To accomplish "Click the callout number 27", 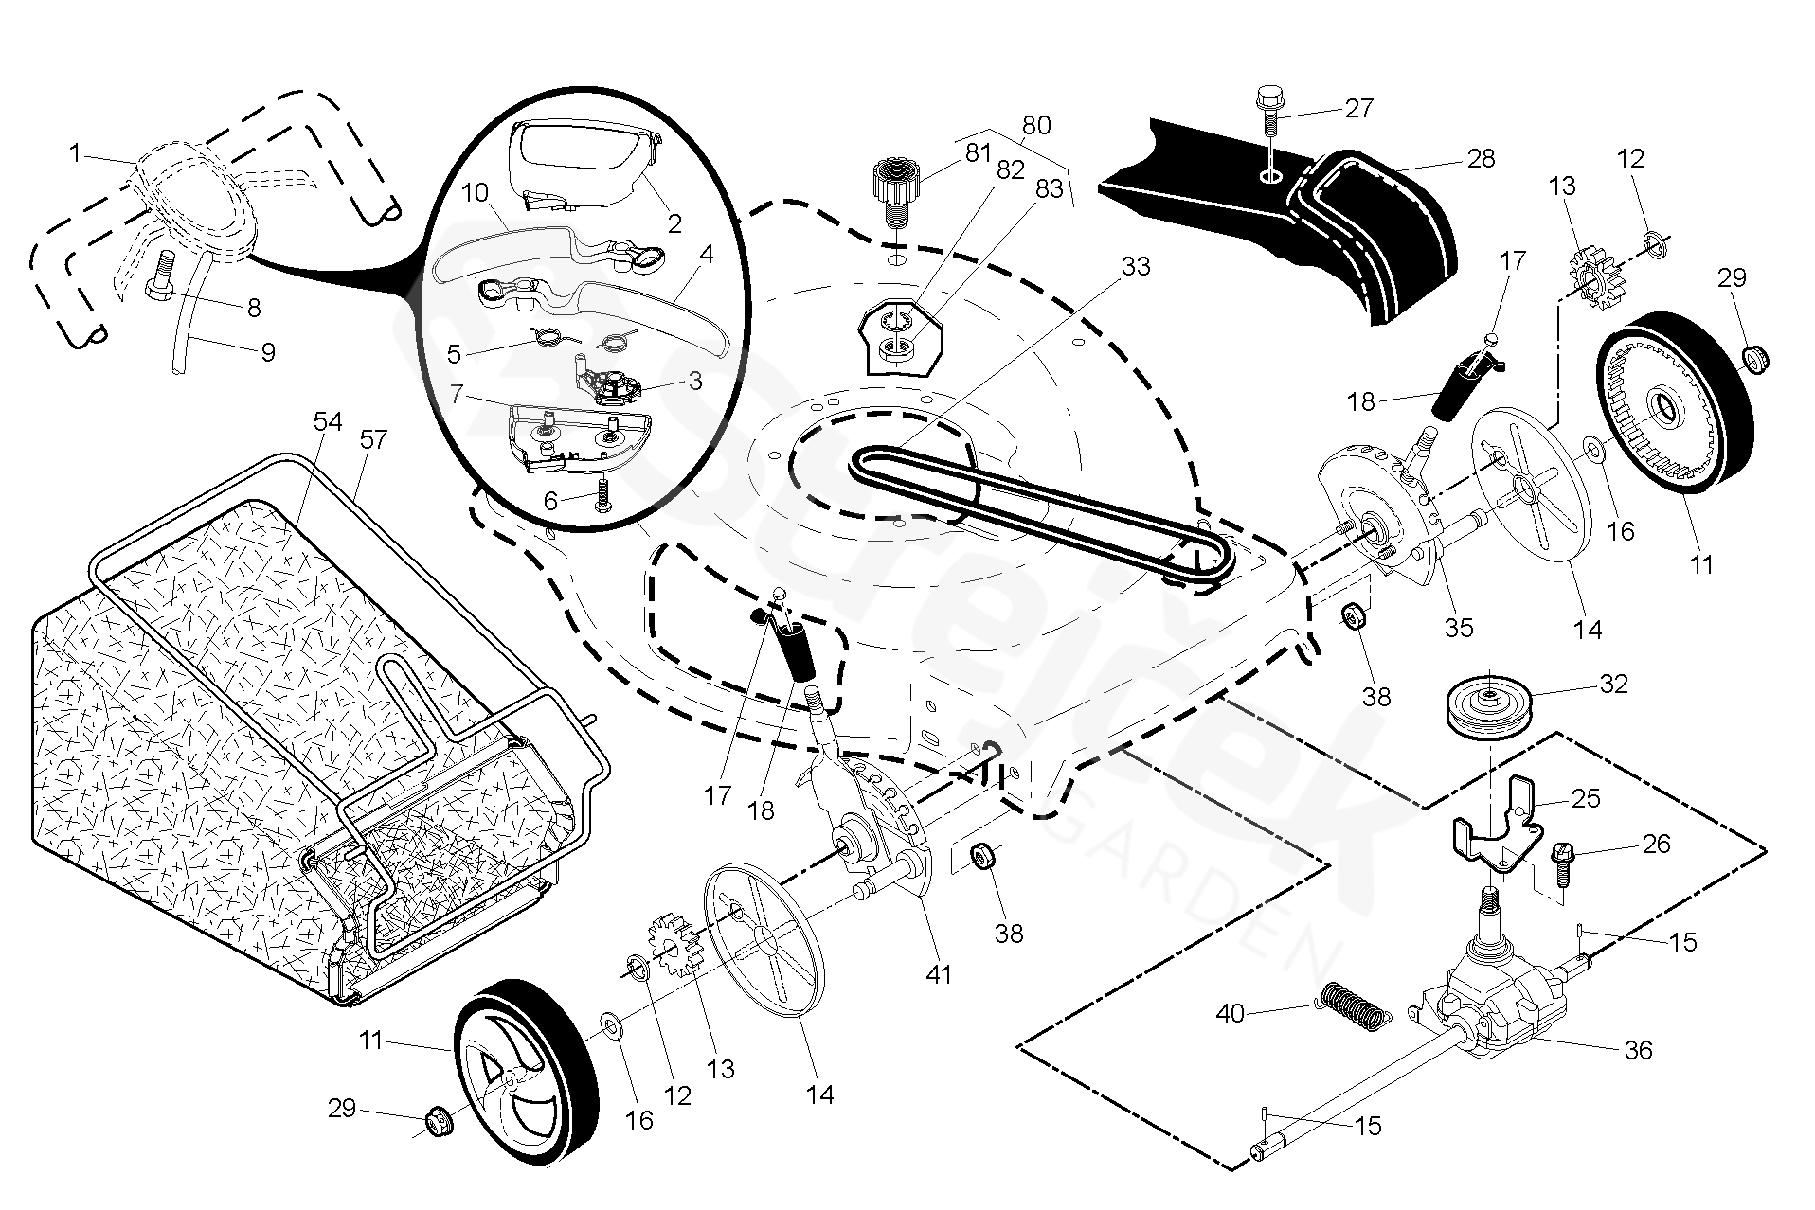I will (x=1358, y=109).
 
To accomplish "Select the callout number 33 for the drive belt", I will (x=1135, y=267).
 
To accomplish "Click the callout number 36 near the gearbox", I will (x=1638, y=1050).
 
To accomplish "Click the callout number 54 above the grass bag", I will (x=328, y=421).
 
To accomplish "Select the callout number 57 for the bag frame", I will (x=374, y=439).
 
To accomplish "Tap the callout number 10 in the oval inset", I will (x=475, y=194).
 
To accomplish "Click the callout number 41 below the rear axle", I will (x=938, y=973).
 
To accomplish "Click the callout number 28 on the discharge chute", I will (x=1480, y=158).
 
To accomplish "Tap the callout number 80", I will (x=1036, y=125).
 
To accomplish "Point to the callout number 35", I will (x=1459, y=627).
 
